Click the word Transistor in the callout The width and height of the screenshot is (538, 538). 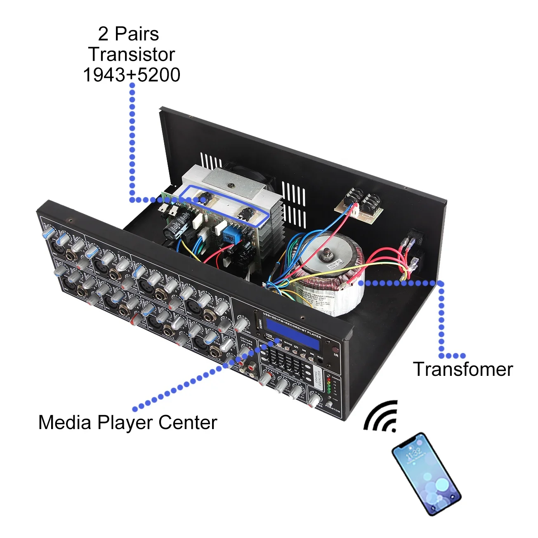pyautogui.click(x=132, y=54)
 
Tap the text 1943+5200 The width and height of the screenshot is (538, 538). pyautogui.click(x=132, y=75)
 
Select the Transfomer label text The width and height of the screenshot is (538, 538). pyautogui.click(x=463, y=369)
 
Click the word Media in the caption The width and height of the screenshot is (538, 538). pyautogui.click(x=65, y=422)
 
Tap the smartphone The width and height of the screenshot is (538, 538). pyautogui.click(x=426, y=473)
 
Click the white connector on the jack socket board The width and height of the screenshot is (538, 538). pyautogui.click(x=354, y=210)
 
